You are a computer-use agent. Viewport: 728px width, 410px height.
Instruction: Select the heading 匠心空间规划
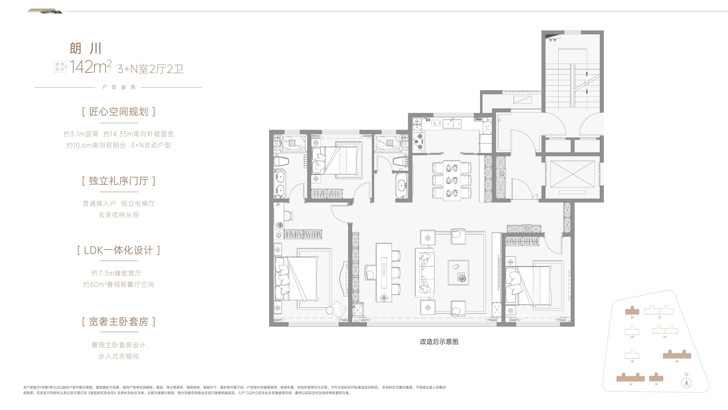pos(119,112)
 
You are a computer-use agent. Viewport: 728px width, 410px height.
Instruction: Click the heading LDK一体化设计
pos(119,250)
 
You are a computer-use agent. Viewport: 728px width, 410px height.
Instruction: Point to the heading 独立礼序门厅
pos(119,181)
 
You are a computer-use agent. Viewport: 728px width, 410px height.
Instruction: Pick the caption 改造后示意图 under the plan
pos(439,342)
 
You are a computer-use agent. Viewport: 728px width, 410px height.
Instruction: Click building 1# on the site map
pos(656,377)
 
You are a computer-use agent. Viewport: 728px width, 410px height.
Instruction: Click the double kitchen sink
pos(452,124)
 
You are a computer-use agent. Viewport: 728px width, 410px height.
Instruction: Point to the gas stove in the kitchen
pos(418,142)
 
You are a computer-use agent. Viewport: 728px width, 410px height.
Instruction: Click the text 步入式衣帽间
pos(119,356)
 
